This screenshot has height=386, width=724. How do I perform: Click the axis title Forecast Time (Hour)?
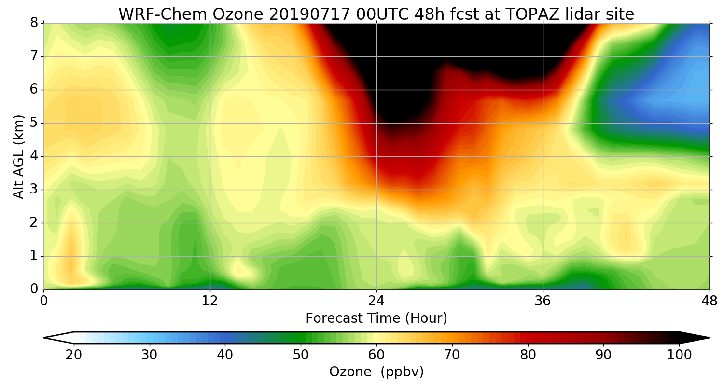pos(376,318)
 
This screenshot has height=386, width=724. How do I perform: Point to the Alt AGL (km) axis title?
pos(18,156)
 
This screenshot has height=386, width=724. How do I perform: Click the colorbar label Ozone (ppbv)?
pos(376,372)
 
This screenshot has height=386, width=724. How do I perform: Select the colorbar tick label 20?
pos(74,355)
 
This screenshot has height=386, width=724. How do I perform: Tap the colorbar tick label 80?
pos(528,355)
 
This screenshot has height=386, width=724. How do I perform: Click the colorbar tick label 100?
pos(679,355)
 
